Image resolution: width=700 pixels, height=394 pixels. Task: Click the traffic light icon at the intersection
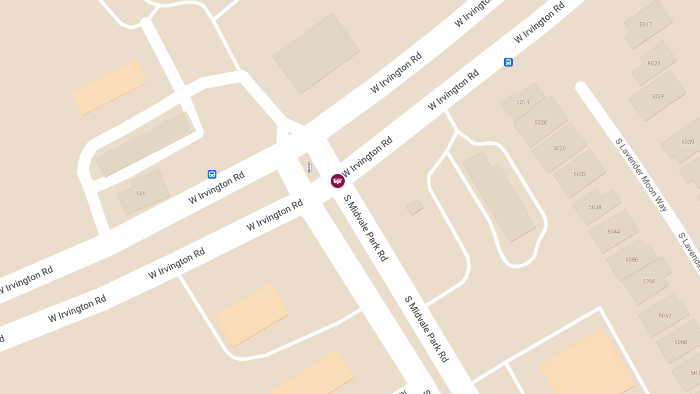[309, 168]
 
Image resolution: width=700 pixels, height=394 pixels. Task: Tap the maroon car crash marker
[338, 181]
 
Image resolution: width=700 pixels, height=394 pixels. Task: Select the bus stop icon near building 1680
[212, 174]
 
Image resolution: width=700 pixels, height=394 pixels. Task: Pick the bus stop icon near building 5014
[508, 62]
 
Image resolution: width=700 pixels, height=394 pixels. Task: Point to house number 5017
[646, 25]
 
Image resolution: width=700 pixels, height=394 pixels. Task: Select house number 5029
[657, 96]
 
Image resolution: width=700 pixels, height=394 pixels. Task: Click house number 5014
[523, 102]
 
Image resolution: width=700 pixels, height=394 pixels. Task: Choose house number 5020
[541, 123]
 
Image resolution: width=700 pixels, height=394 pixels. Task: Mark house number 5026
[559, 148]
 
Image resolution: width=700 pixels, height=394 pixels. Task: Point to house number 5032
[580, 174]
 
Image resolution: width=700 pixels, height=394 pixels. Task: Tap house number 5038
[595, 207]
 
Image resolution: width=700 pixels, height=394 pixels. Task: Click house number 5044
[614, 232]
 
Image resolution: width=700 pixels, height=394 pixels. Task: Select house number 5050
[632, 260]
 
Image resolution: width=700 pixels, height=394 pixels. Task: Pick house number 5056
[649, 281]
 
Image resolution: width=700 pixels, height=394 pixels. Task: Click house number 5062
[665, 316]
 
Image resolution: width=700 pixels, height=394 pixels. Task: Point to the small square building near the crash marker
[415, 207]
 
